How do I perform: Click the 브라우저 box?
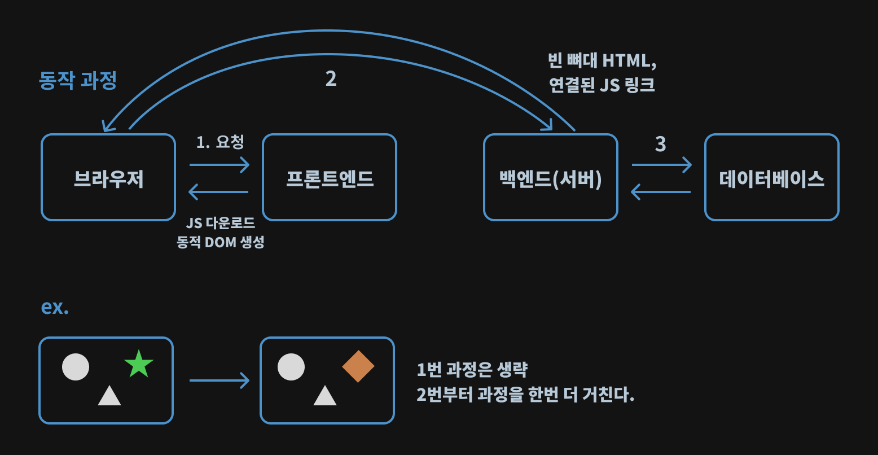point(108,177)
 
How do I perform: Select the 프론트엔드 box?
point(330,177)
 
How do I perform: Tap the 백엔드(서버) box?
point(551,177)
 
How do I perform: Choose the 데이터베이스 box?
point(771,177)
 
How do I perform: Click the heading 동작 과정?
point(78,80)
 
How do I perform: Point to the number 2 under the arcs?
point(331,79)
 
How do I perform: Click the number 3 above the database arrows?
point(661,145)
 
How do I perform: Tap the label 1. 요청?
point(220,142)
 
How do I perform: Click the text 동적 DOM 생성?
point(221,242)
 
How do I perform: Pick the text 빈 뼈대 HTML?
point(602,60)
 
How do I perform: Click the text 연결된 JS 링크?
point(602,85)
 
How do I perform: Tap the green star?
point(139,364)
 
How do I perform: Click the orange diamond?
point(358,366)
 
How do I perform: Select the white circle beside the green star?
point(76,367)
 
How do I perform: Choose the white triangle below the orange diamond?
point(325,396)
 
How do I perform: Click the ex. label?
point(55,307)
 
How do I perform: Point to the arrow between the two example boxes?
point(219,380)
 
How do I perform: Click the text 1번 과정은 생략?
point(472,370)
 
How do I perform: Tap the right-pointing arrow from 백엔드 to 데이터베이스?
point(661,165)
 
